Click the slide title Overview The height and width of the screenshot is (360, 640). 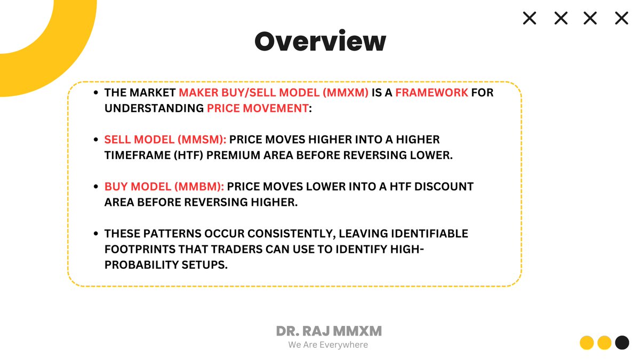point(320,42)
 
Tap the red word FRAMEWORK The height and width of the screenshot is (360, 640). point(431,92)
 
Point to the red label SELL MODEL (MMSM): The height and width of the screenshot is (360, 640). point(165,140)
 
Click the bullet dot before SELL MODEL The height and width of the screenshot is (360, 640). point(95,140)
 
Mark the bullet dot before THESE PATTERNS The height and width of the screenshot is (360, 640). point(95,234)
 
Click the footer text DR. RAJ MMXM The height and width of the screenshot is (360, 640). point(329,331)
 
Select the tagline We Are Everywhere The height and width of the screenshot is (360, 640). point(328,345)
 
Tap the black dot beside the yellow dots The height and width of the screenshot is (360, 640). point(622,342)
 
